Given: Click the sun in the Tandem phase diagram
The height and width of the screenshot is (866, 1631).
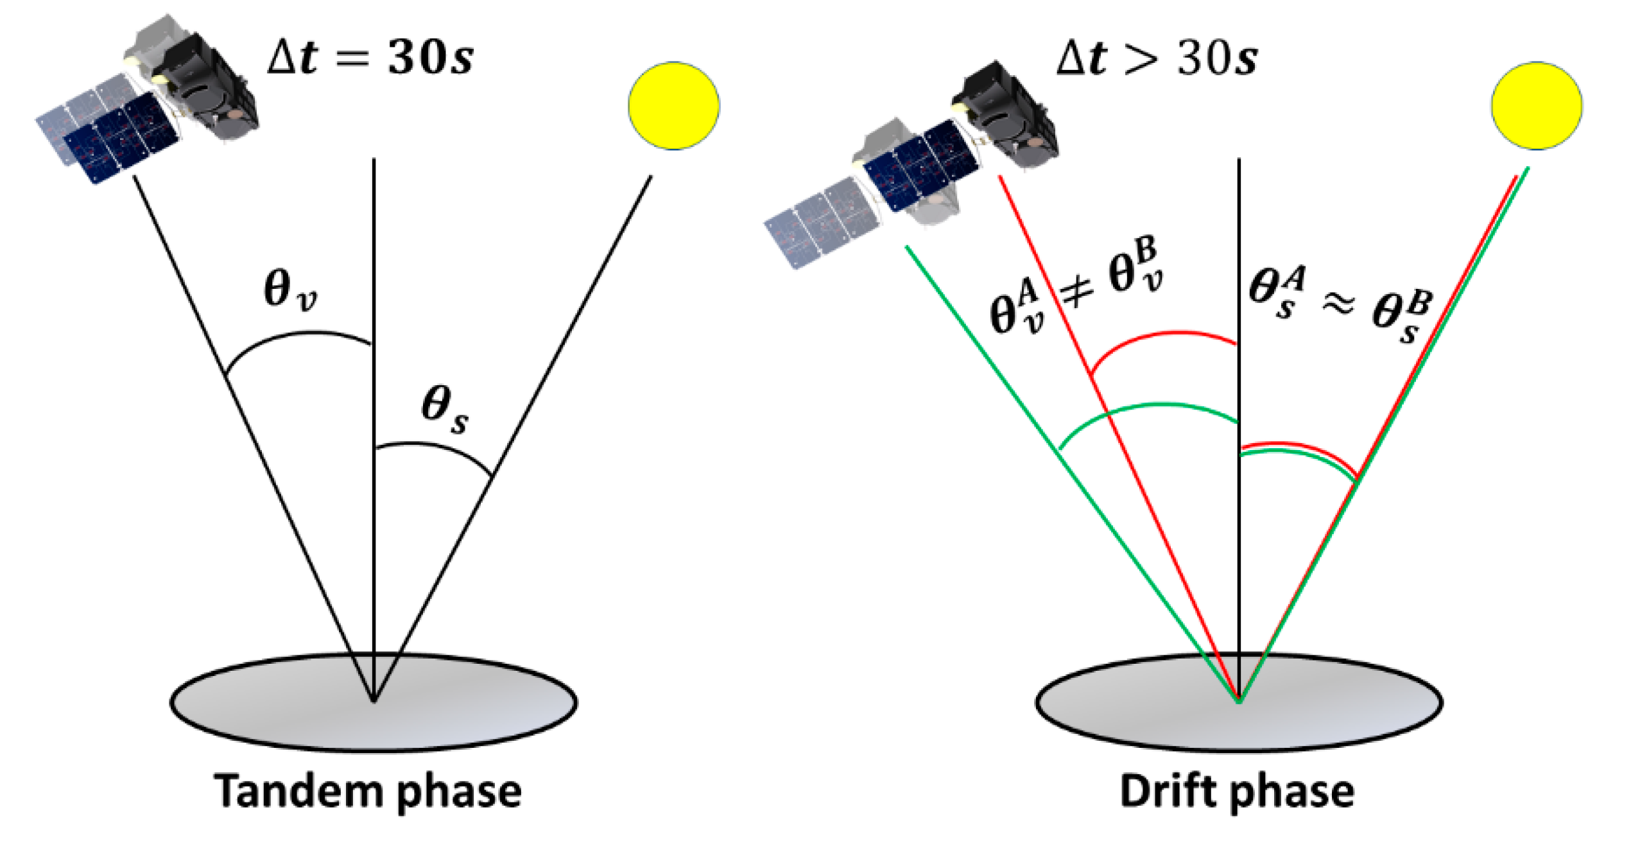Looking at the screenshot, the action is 673,106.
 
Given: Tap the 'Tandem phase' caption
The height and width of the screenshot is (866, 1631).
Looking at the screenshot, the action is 367,791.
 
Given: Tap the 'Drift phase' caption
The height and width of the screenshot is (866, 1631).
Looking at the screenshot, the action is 1237,791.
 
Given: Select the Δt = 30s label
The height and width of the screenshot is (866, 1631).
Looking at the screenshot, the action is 370,58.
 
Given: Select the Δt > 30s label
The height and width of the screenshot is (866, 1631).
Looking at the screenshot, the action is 1157,58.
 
